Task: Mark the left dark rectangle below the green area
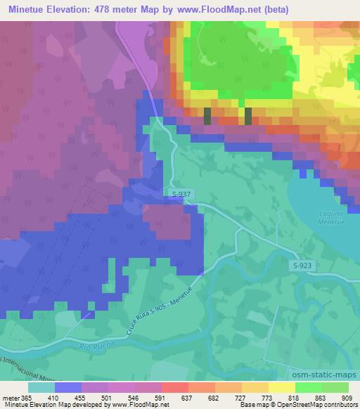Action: pos(207,116)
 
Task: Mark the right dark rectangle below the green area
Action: pos(247,116)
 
